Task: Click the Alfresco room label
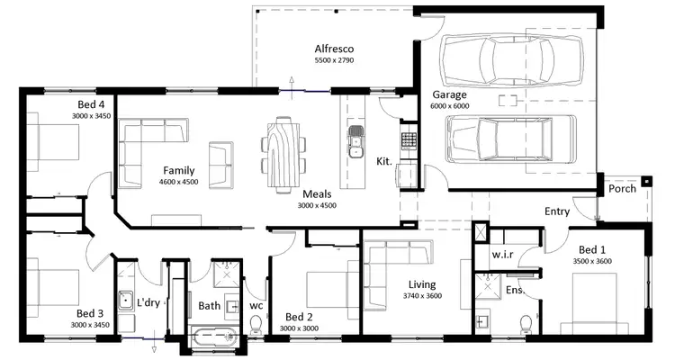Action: [x=336, y=49]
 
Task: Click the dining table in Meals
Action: [x=283, y=152]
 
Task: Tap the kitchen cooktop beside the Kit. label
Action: [x=408, y=140]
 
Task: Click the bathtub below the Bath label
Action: [x=214, y=339]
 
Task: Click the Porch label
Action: [x=623, y=189]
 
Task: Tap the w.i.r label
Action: [x=502, y=254]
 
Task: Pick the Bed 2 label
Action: [x=299, y=317]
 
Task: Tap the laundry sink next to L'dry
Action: [x=126, y=301]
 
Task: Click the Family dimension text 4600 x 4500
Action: [x=180, y=182]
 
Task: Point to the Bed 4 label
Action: [x=92, y=104]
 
